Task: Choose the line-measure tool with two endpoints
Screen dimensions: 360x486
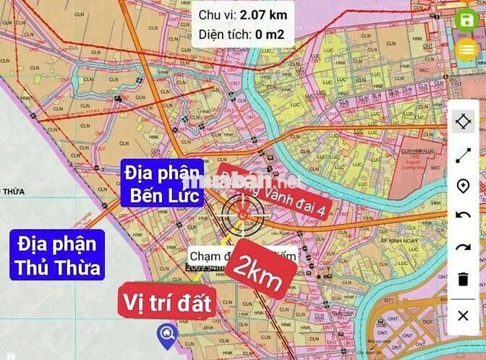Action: [464, 154]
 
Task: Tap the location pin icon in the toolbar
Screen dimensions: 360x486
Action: [464, 186]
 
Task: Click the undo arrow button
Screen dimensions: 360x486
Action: [464, 216]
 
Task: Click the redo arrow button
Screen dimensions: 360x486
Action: [464, 248]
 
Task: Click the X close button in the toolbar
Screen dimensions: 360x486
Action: [464, 316]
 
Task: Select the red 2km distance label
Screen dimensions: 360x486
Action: [257, 274]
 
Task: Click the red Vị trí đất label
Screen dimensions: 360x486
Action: [166, 303]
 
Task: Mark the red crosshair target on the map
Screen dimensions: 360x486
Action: [243, 211]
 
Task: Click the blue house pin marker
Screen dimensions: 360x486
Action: [167, 333]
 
